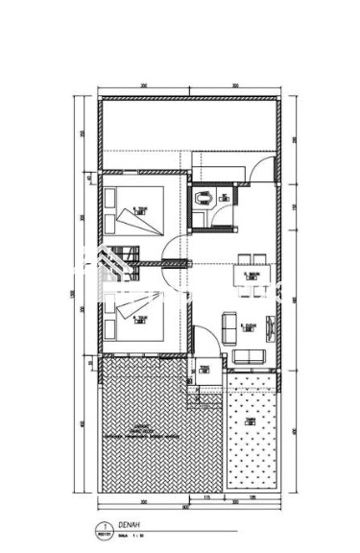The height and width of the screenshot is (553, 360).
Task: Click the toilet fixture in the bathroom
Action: pyautogui.click(x=202, y=199)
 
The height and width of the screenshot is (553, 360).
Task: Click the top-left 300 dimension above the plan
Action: pyautogui.click(x=143, y=86)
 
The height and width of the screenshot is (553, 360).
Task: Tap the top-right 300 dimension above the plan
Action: pyautogui.click(x=236, y=86)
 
